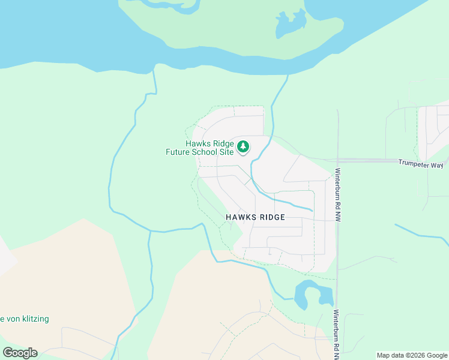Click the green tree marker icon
[243, 146]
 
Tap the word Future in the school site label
[179, 152]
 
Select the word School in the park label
[206, 152]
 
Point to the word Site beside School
[227, 152]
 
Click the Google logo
[20, 353]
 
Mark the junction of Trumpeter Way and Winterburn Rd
[338, 161]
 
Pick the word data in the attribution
[399, 355]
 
